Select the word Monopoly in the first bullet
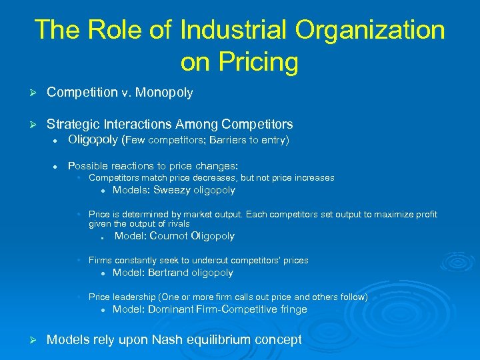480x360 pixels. [x=164, y=93]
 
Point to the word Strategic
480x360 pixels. [x=73, y=124]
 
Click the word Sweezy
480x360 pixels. [x=172, y=190]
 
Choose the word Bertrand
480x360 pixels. [x=169, y=272]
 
